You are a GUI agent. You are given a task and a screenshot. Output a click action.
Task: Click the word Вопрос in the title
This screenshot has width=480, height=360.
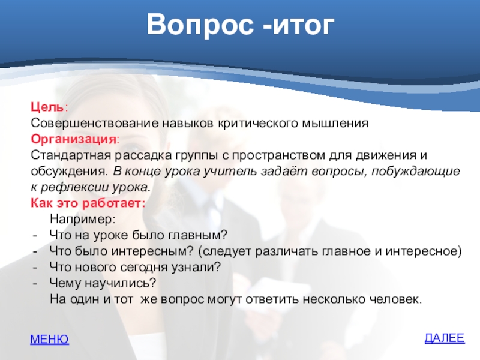coord(200,25)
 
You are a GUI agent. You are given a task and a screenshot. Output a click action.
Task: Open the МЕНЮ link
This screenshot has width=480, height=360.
coord(50,339)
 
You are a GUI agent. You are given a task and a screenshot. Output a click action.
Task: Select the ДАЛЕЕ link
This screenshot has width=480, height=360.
coord(445,338)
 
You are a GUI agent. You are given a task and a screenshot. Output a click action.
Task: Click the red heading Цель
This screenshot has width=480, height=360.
coord(47,107)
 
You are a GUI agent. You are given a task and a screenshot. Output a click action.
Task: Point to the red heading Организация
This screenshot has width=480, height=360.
coord(73,139)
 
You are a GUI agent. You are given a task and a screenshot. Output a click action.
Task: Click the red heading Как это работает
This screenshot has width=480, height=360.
coord(88,203)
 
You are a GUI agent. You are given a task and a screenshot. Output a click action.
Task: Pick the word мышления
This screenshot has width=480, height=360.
coord(335,124)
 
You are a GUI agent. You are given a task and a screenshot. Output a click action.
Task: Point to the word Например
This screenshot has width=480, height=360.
coord(82,219)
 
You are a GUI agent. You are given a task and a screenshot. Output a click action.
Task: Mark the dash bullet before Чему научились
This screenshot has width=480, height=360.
coord(35,284)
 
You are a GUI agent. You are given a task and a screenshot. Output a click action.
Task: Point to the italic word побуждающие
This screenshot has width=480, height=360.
coord(415,171)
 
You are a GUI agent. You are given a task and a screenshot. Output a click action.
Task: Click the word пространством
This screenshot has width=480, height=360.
coord(278,155)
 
